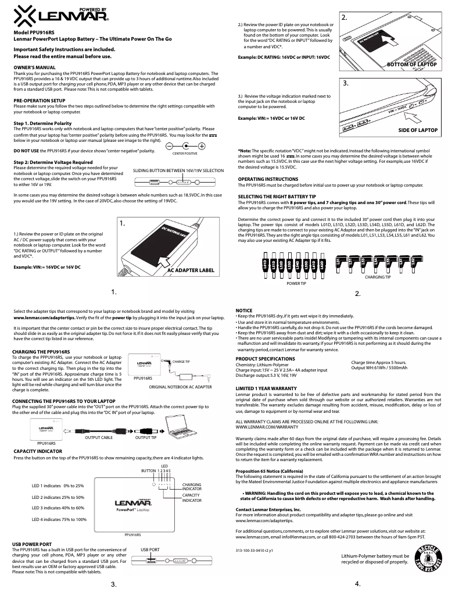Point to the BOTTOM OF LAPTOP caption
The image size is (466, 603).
411,64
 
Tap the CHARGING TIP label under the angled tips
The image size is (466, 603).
378,278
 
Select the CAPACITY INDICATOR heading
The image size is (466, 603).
38,451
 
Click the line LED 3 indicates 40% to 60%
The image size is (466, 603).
58,508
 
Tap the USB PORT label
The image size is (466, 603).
150,548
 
